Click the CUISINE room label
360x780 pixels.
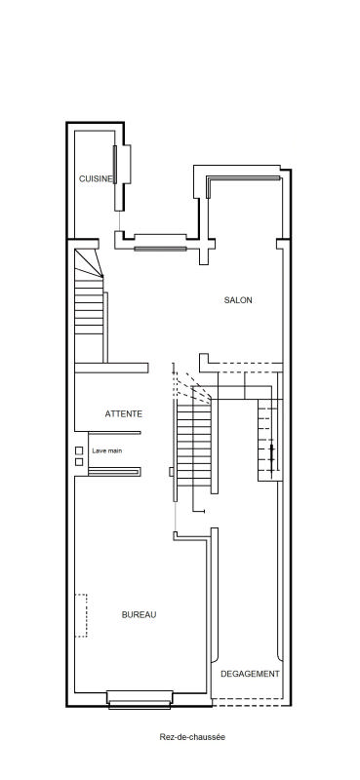(x=97, y=179)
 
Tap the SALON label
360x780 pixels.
(x=238, y=300)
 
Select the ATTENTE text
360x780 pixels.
(x=124, y=413)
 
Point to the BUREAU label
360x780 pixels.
(x=139, y=615)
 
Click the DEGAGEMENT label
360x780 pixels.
(x=250, y=674)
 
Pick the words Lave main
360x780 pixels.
(x=107, y=450)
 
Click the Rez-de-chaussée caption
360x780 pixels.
(x=192, y=737)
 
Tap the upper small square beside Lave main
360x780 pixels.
(x=79, y=450)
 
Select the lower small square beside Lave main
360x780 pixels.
(x=79, y=462)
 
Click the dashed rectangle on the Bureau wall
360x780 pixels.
(x=81, y=615)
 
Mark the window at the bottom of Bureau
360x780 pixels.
(x=140, y=699)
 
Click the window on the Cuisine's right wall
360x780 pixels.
(x=115, y=165)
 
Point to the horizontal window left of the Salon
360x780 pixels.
(x=160, y=249)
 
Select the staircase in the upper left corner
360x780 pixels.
(x=89, y=306)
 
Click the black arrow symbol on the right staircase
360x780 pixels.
(x=271, y=454)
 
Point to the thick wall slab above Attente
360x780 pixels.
(x=111, y=369)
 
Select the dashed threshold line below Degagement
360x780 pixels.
(x=251, y=702)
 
